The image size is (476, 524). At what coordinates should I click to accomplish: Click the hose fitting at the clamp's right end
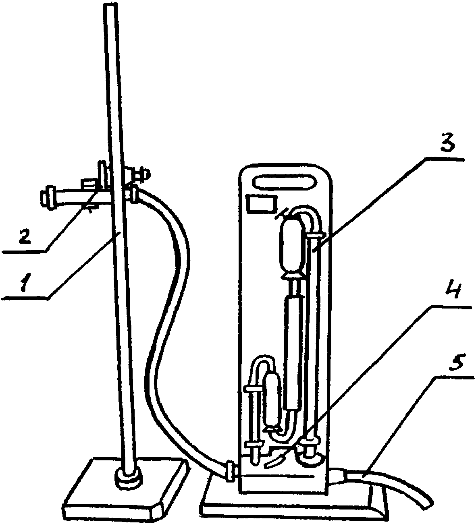coord(132,194)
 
